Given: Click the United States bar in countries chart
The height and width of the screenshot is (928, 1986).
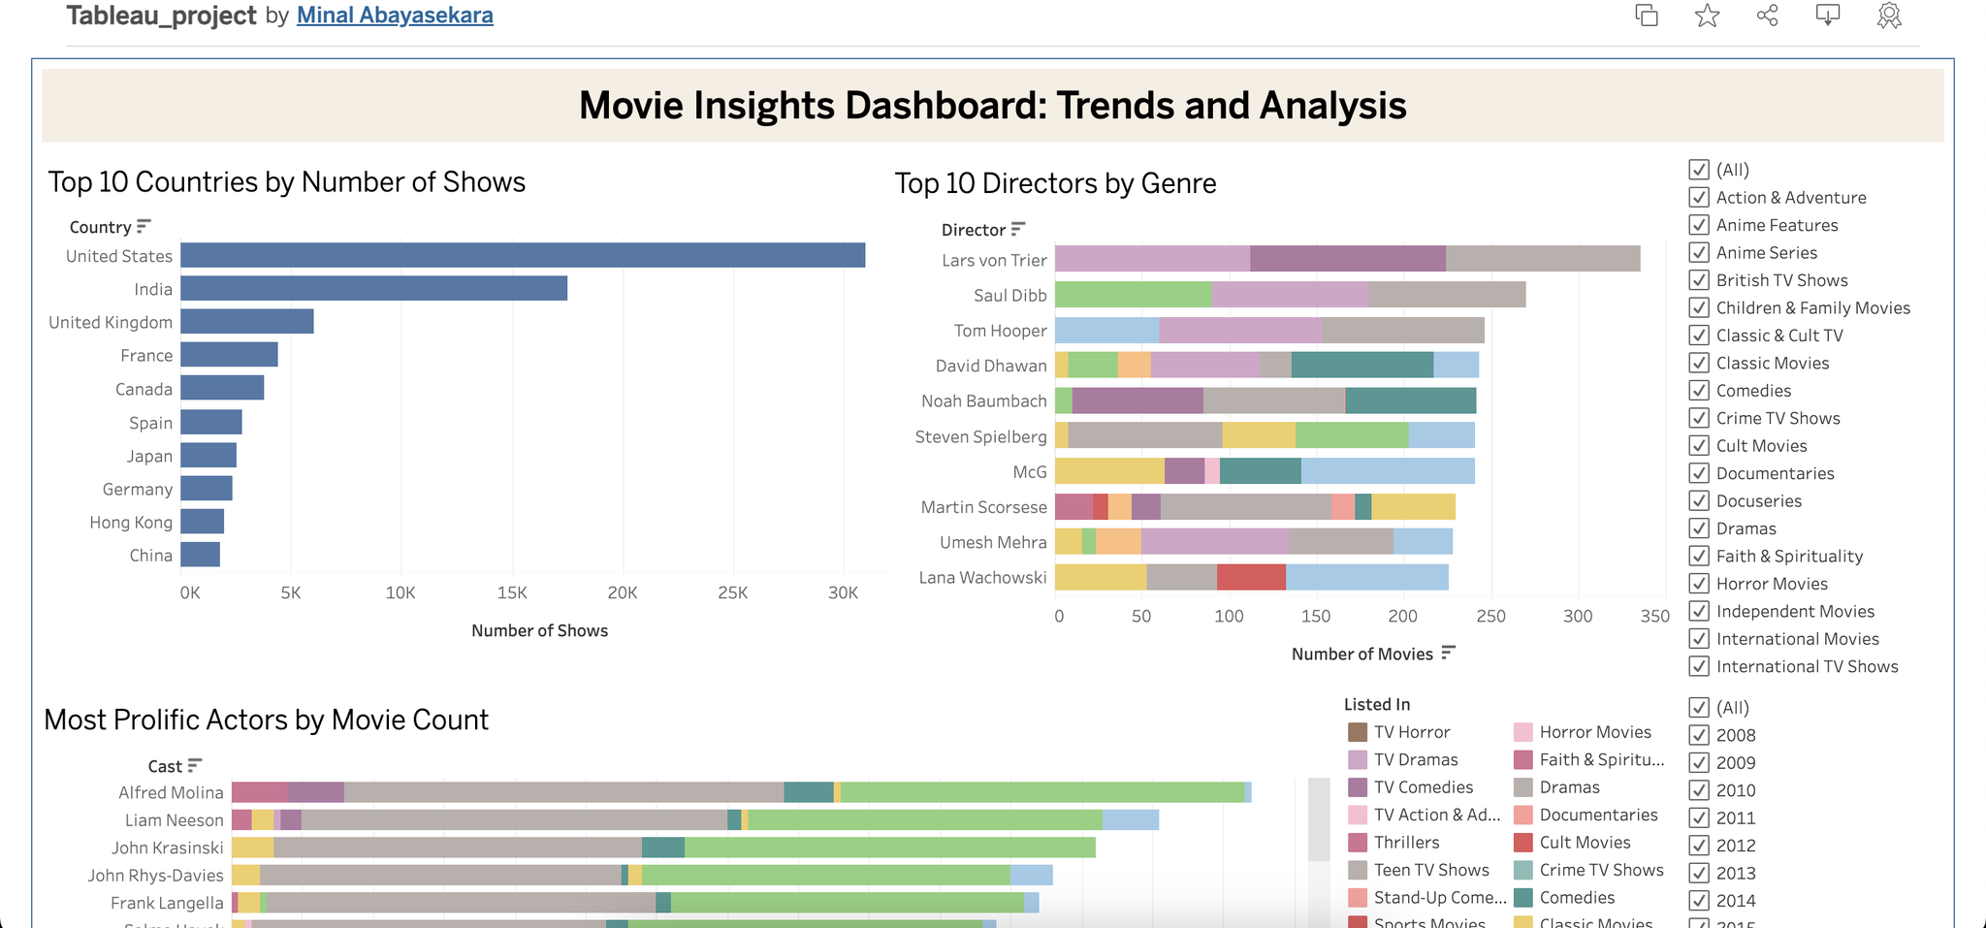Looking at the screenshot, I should [523, 255].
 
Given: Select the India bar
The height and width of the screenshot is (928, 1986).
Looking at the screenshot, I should [373, 288].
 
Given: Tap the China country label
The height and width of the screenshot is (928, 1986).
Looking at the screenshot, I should [150, 556].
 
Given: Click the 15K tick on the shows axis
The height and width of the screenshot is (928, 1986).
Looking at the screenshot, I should [511, 592].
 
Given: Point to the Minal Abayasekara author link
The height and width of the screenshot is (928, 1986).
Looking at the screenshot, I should [395, 16].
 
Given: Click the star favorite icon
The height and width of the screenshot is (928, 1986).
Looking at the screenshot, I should [1707, 16].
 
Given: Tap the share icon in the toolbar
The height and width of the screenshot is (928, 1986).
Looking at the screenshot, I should [1767, 16].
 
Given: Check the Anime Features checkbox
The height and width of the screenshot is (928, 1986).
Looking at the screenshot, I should [1699, 225].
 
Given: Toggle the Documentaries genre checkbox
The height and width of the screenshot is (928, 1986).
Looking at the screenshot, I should [1699, 473].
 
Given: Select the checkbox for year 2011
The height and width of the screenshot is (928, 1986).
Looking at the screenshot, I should [1699, 818].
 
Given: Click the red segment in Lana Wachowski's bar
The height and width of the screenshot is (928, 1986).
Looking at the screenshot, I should [1251, 577].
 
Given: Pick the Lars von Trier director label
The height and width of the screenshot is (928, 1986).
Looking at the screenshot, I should [994, 260].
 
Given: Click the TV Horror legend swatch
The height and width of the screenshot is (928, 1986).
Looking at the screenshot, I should [1358, 732].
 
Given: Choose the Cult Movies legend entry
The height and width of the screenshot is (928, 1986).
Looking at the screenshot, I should [1585, 843].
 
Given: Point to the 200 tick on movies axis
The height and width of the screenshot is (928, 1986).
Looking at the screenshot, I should [1402, 616].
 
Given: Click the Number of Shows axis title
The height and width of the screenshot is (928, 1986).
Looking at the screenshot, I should [539, 630].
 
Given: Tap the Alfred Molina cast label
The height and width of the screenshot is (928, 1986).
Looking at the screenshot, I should [171, 792].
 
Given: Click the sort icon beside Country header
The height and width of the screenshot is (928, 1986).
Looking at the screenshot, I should [144, 226].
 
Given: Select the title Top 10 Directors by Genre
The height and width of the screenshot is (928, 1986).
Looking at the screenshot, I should [1055, 183].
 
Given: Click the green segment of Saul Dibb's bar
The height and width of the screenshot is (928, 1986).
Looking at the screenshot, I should [1133, 295].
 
